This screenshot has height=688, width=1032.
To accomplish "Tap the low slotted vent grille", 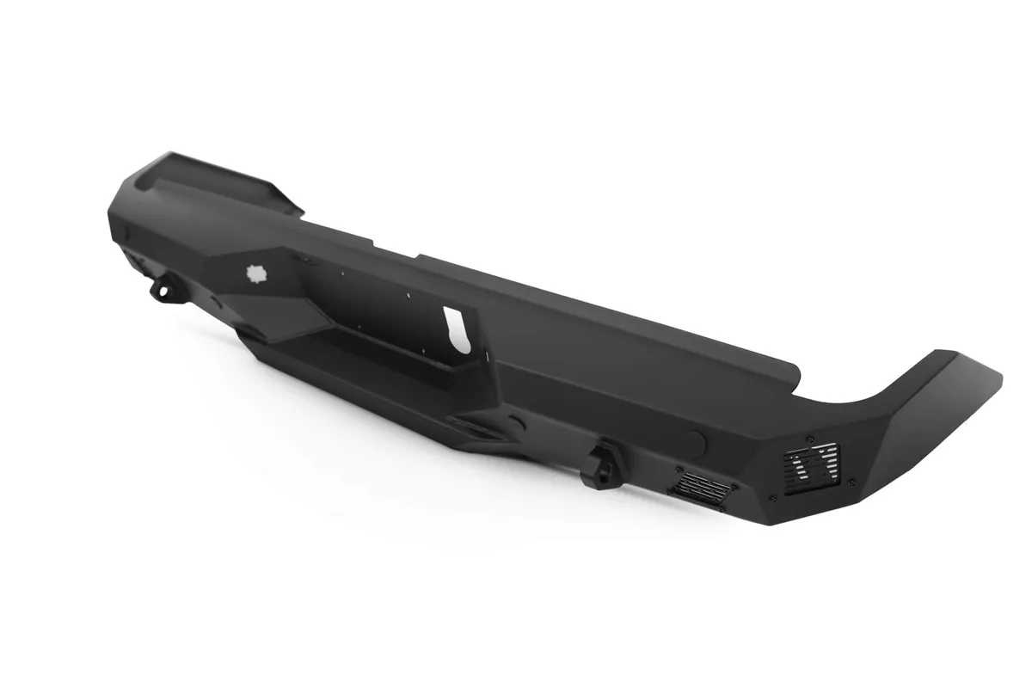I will point(703,486).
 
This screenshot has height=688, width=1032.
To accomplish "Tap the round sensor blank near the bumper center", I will point(516,423).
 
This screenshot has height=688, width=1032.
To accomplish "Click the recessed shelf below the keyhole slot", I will point(387,353).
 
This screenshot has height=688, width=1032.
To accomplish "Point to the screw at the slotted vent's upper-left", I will point(679,470).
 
